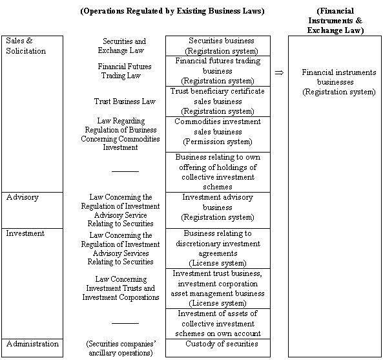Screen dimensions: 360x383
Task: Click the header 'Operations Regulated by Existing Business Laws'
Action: tap(172, 11)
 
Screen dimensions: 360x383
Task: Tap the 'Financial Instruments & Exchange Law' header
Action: tap(335, 20)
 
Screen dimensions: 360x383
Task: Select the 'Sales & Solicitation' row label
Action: tap(26, 45)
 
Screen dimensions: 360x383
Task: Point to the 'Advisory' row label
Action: tap(22, 197)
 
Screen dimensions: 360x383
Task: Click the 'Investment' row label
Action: tap(25, 233)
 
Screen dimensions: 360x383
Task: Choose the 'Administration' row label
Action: tap(32, 344)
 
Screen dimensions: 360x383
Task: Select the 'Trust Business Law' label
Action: tap(125, 101)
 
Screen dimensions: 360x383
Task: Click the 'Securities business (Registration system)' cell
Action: tap(222, 45)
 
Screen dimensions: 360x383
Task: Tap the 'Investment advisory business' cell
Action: tap(218, 207)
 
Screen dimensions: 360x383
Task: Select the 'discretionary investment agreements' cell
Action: tap(218, 248)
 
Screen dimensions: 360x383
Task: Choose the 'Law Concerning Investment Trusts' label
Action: tap(121, 288)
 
